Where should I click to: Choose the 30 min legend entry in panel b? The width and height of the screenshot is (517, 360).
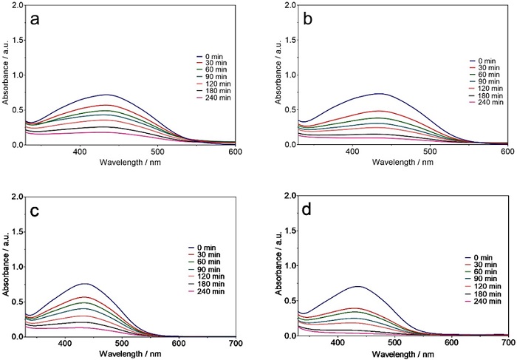[487, 68]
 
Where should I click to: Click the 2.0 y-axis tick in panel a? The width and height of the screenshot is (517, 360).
[17, 6]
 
